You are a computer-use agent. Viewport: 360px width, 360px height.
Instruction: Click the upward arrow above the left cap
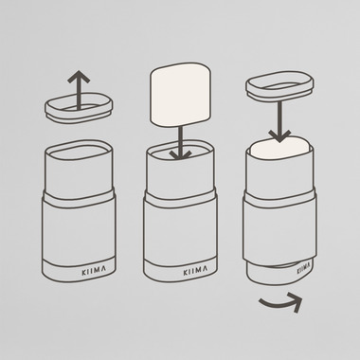(x=79, y=90)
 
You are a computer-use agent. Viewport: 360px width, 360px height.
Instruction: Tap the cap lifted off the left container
(x=80, y=108)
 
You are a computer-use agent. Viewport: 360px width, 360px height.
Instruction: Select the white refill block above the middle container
(x=181, y=95)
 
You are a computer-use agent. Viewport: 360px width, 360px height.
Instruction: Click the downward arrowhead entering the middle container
(x=180, y=154)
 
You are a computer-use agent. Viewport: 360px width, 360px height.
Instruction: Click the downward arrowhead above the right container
(x=279, y=136)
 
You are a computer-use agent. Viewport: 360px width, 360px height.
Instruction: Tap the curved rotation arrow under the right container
(x=281, y=302)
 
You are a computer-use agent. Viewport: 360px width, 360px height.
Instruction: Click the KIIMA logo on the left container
(x=94, y=271)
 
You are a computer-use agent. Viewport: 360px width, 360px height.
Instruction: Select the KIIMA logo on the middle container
(x=195, y=271)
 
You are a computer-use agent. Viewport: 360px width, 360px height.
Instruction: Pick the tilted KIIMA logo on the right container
(x=305, y=268)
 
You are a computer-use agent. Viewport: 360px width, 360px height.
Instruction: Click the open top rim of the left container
(x=79, y=150)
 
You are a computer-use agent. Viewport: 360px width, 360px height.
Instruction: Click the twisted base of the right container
(x=279, y=273)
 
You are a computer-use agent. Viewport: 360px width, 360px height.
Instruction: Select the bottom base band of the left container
(x=79, y=270)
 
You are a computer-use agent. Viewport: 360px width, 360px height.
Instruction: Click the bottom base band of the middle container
(x=180, y=270)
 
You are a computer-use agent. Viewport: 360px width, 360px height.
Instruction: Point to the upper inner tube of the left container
(x=79, y=171)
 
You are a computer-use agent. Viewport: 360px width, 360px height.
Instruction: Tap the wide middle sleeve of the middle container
(x=180, y=231)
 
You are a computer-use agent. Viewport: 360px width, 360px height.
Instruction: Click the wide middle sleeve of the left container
(x=79, y=231)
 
